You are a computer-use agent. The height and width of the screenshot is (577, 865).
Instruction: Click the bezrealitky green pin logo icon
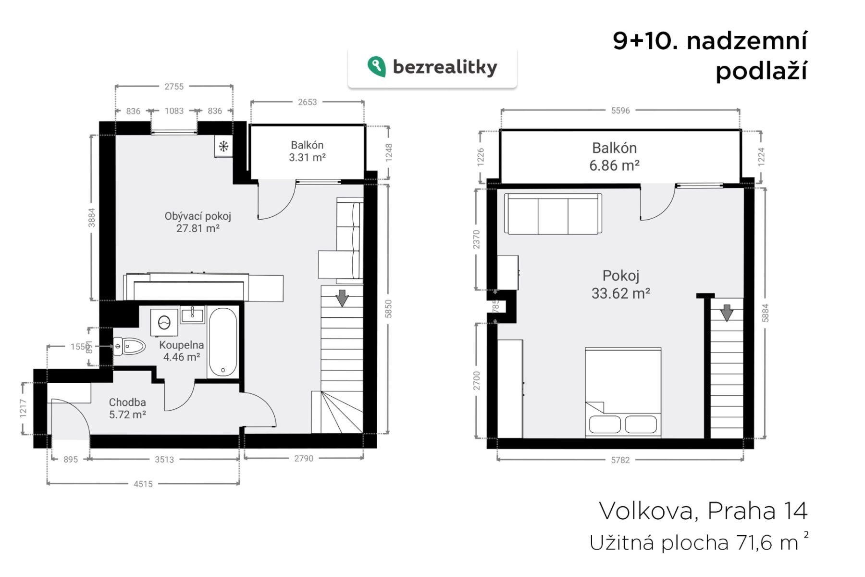376,67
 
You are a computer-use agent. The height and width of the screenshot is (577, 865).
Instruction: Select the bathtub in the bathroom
222,343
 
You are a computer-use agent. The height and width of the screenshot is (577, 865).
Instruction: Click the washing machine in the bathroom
164,322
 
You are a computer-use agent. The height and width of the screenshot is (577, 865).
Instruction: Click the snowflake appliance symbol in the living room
223,146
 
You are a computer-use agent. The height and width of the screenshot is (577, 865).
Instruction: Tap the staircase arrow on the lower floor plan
342,298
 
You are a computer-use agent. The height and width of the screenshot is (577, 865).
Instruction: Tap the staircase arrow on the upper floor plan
727,313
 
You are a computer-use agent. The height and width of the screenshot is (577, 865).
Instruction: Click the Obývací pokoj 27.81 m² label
198,222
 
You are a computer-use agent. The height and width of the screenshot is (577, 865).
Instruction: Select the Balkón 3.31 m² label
307,151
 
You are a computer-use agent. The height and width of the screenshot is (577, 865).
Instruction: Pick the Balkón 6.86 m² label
615,157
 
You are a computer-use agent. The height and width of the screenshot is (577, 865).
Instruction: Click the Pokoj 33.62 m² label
621,284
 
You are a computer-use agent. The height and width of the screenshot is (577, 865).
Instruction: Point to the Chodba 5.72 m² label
127,408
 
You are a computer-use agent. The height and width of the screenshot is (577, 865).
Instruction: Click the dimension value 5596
620,111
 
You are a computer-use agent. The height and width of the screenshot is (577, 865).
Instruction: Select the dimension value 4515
143,484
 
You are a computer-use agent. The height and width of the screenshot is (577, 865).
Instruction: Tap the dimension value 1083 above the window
174,111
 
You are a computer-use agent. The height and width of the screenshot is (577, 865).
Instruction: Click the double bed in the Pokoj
623,393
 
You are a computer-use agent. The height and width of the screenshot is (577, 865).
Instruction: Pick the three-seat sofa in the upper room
553,214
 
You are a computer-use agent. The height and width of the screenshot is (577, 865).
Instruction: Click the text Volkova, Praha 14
703,511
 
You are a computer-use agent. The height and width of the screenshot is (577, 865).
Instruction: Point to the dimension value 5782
620,460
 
